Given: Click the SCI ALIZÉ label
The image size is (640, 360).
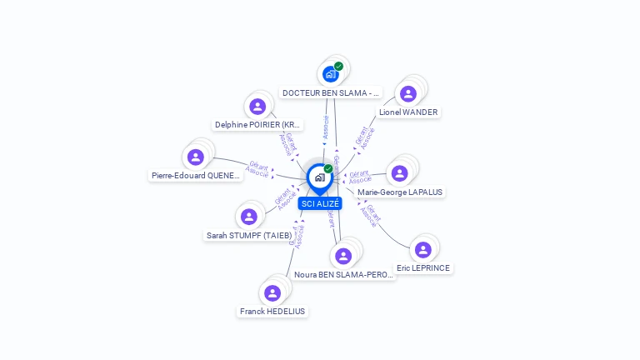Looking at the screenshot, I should (x=320, y=203).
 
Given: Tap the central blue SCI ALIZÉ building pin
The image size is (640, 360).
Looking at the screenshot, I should (x=319, y=177).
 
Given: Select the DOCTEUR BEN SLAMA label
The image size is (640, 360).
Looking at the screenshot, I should (x=331, y=92).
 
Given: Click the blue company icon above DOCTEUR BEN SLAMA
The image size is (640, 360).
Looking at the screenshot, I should (x=331, y=74).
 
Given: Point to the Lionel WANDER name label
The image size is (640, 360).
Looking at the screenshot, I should (x=408, y=112).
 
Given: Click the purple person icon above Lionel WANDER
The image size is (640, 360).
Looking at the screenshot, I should (x=407, y=93).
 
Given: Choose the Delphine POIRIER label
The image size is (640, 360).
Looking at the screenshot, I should (x=257, y=125).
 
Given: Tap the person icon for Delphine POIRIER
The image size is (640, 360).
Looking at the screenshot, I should (x=257, y=107).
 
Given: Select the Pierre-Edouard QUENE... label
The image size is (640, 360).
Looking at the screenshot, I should (x=196, y=175).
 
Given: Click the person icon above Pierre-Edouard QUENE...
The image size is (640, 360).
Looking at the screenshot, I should (x=196, y=157).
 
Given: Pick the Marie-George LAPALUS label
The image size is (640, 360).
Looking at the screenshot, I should (x=400, y=192).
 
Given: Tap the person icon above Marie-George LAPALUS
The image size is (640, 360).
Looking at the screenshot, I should (x=399, y=173).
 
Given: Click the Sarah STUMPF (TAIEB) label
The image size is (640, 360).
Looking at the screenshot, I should (x=249, y=235).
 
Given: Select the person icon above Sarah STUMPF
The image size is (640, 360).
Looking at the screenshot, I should (x=248, y=217).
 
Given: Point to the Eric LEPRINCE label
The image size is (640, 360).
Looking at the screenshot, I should (x=423, y=267).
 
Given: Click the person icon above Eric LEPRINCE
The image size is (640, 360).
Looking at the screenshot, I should (x=423, y=249).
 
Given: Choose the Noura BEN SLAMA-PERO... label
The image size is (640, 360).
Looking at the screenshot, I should (x=342, y=274).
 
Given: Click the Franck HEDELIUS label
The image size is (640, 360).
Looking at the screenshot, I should (x=272, y=311).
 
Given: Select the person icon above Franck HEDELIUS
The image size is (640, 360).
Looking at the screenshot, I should (x=272, y=292).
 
